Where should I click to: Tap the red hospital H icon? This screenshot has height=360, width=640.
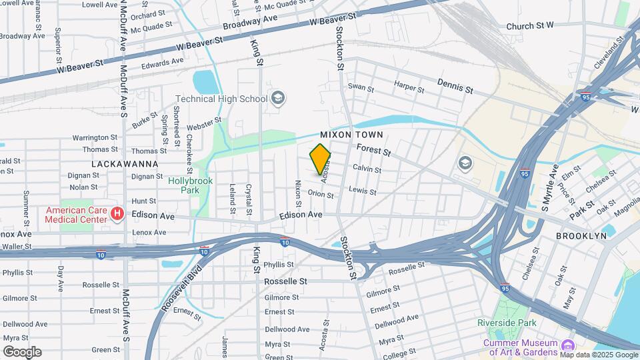pos(117,214)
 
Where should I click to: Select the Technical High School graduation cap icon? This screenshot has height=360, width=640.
pos(278,99)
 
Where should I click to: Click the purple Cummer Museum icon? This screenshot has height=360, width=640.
pos(567,345)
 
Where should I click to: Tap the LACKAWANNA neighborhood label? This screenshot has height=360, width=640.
pos(125,163)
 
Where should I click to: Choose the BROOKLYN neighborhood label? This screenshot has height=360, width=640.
pos(582,236)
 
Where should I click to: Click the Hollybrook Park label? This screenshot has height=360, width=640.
pos(184,185)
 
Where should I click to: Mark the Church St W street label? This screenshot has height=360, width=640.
pos(530,26)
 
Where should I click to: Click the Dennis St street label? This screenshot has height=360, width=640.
pos(455,85)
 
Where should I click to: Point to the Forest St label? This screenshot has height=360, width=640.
pos(373,150)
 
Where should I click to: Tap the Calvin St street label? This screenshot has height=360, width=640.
pos(367,169)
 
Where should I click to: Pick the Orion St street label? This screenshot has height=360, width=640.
pos(321,194)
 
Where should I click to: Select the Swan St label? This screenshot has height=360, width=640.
pos(361,87)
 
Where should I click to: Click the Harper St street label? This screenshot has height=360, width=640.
pos(409,86)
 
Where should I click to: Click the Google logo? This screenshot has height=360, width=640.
pos(22,352)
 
